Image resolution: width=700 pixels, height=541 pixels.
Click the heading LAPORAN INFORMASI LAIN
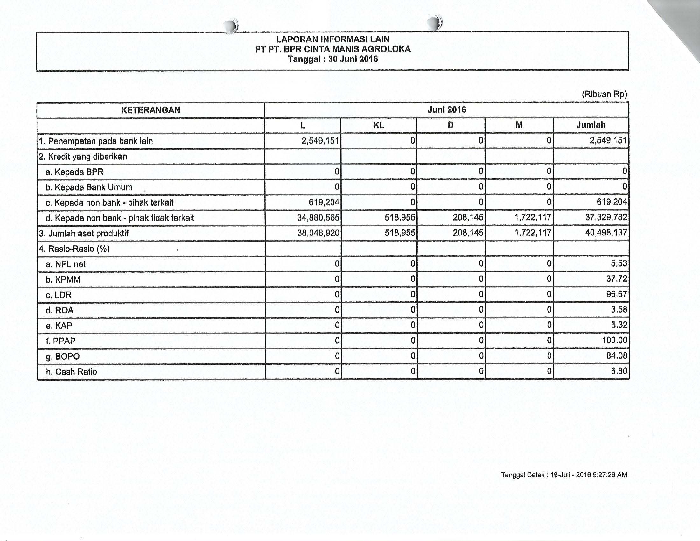coord(333,39)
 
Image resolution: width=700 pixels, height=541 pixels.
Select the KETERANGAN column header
coord(150,110)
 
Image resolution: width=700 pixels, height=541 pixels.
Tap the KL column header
coord(379,125)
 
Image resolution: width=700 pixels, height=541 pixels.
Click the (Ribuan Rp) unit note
coord(604,94)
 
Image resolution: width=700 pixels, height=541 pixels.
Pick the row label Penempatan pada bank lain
coord(96,141)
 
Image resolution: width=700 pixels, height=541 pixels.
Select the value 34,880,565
coord(318,218)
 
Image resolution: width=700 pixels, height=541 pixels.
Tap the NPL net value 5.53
coord(619,263)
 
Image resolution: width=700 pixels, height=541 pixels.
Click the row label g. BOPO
coord(63,356)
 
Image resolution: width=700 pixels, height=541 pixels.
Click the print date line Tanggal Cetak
coord(564,475)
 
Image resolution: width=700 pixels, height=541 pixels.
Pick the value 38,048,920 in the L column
coord(318,233)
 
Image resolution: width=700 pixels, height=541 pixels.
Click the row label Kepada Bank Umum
coord(89,187)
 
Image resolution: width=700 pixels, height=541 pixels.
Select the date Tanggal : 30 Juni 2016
coord(333,59)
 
